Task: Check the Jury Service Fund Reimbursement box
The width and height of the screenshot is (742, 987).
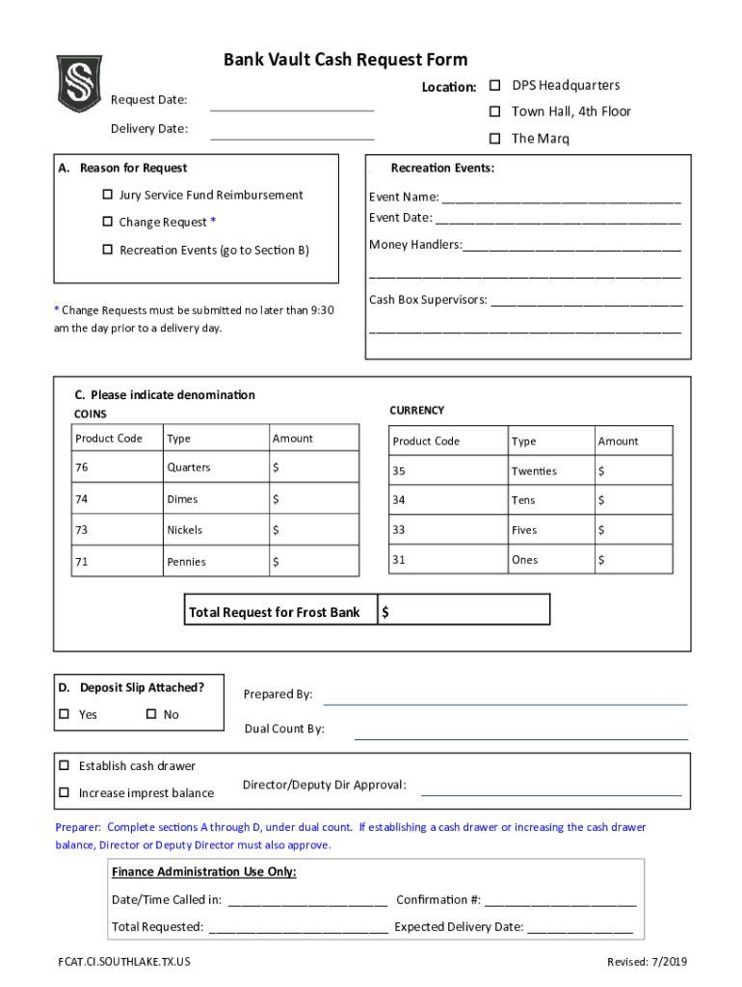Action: [107, 195]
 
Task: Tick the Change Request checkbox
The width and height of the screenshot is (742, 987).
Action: [107, 222]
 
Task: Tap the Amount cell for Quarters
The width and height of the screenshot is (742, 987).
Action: [313, 467]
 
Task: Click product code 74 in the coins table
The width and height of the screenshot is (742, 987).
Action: [82, 499]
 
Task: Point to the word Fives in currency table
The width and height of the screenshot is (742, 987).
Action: [524, 530]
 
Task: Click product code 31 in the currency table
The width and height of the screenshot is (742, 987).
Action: [399, 560]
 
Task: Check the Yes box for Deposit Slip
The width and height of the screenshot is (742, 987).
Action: [65, 714]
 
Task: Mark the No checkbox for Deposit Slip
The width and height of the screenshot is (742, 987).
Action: [150, 714]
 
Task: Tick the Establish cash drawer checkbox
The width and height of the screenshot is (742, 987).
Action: [65, 765]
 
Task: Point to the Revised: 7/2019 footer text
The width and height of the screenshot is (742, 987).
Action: [648, 962]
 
